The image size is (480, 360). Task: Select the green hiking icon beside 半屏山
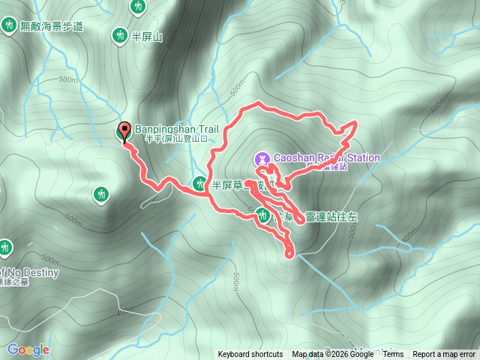pos(119,34)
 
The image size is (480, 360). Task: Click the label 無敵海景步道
pos(52,26)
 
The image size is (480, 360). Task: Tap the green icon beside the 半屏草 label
pos(199,183)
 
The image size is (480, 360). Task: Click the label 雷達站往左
pos(331,217)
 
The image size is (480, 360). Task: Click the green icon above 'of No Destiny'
pos(6,247)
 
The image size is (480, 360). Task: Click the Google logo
pos(28,349)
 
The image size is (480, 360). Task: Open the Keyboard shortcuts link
pos(250,355)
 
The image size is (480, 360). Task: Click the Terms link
pos(393,355)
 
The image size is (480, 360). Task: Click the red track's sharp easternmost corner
pos(354,123)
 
